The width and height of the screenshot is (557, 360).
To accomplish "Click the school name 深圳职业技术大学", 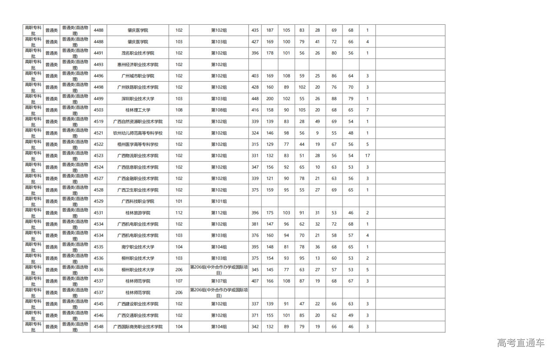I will (x=138, y=99).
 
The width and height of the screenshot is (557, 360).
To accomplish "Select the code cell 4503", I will (x=98, y=110).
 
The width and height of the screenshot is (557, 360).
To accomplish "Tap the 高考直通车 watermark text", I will (x=520, y=343).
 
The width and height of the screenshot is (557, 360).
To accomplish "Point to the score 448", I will (x=255, y=99).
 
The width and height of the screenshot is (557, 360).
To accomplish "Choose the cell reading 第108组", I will (x=219, y=110).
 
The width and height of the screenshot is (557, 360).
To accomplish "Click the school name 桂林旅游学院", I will (x=138, y=213).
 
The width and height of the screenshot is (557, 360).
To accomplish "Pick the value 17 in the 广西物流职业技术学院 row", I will (x=367, y=156).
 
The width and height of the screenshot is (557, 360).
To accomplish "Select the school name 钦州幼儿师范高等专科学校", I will (x=138, y=133).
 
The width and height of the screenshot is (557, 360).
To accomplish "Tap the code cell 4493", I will (x=98, y=64).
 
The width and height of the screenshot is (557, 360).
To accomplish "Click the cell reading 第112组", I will (x=219, y=213).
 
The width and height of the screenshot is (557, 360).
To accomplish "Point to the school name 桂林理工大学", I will (x=138, y=110).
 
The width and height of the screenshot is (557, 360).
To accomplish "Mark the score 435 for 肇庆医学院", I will (x=255, y=30).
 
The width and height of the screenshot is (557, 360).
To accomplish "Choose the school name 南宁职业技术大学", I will (x=138, y=247).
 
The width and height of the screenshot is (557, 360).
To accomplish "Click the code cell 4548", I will (x=98, y=327).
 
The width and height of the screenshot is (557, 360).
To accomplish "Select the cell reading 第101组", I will (x=219, y=201).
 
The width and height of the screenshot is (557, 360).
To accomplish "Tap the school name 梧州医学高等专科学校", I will (x=138, y=144).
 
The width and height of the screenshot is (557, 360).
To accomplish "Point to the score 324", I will (x=255, y=133).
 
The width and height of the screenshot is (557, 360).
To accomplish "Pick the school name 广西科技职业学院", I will (x=138, y=201).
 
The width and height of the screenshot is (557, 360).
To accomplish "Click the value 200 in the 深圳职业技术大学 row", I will (x=270, y=99).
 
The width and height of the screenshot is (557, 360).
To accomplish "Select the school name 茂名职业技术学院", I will (x=138, y=53).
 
